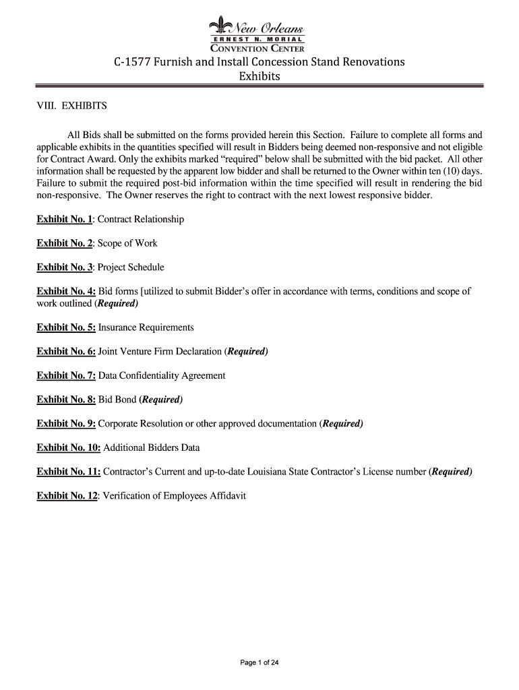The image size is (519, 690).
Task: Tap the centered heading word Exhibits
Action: click(x=259, y=76)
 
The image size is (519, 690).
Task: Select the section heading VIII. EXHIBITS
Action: click(x=72, y=106)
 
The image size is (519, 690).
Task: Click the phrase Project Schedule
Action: click(x=131, y=268)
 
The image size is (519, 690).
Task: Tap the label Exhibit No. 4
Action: click(x=66, y=292)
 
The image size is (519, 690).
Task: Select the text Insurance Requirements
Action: click(x=146, y=327)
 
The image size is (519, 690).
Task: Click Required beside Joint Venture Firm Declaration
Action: click(x=246, y=352)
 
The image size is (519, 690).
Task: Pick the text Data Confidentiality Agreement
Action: click(x=162, y=375)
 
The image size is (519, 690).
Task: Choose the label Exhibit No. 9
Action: click(x=66, y=424)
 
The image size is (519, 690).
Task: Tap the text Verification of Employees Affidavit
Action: click(x=172, y=496)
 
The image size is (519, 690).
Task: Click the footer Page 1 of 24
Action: click(x=259, y=663)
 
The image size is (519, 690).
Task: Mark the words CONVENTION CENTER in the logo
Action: click(x=259, y=49)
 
